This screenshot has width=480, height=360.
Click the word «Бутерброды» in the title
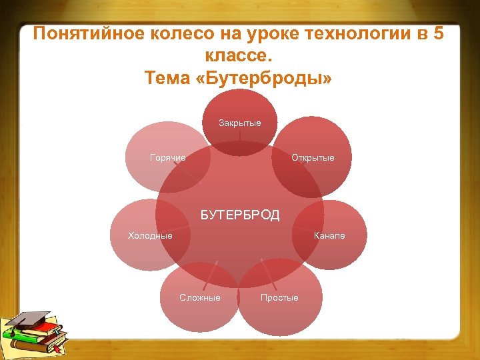(x=266, y=78)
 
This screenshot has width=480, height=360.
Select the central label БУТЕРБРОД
(x=240, y=215)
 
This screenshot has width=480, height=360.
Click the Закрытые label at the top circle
(x=240, y=123)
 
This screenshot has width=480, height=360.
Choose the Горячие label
(x=168, y=158)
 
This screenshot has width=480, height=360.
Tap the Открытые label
(x=313, y=158)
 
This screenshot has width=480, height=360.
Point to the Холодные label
(x=150, y=235)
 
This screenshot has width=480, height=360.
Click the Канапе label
(x=329, y=235)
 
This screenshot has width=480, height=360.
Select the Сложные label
(x=199, y=297)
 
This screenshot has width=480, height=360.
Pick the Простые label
(x=279, y=297)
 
